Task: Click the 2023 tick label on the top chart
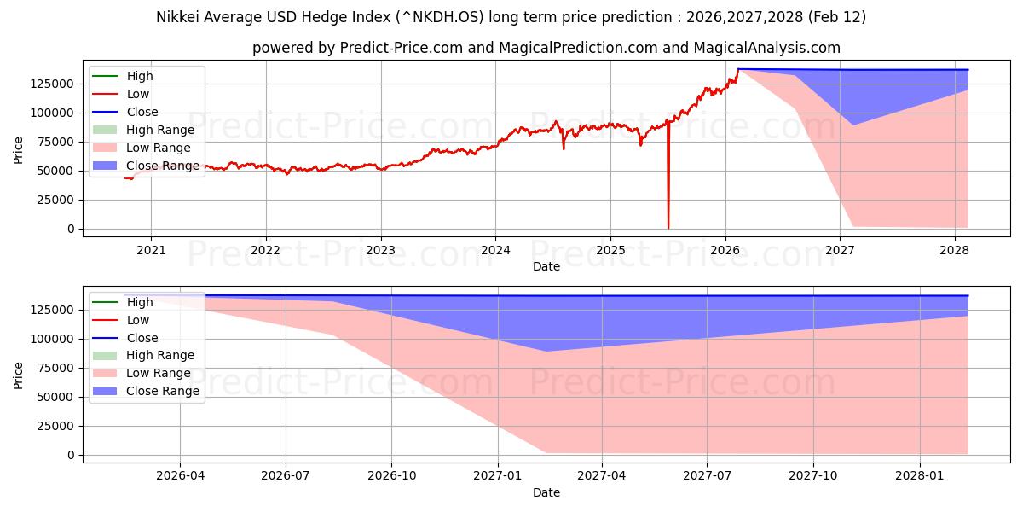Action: (x=380, y=250)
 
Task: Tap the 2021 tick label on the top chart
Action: (x=151, y=250)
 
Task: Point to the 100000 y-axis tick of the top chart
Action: (x=53, y=113)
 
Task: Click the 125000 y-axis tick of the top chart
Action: (x=53, y=84)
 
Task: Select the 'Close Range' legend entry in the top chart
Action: (x=162, y=166)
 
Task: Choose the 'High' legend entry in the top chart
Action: (x=140, y=76)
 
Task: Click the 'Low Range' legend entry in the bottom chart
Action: (x=158, y=374)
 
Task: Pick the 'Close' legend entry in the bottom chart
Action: (x=142, y=338)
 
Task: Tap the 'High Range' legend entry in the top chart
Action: (x=159, y=130)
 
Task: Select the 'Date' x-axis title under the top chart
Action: (x=546, y=266)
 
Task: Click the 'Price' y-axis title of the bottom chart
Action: (x=19, y=375)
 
